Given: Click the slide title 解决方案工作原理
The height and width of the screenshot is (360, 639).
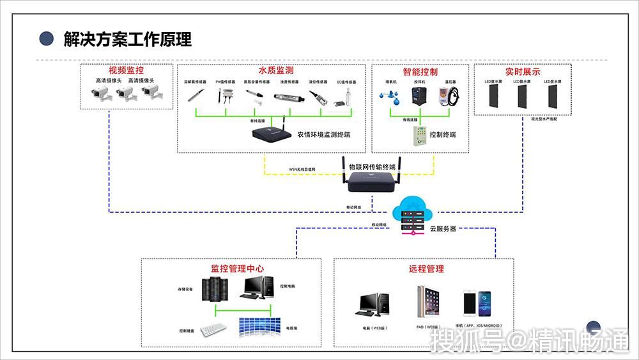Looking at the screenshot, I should (127, 39).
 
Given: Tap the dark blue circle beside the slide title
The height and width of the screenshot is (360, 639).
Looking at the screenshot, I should (46, 38).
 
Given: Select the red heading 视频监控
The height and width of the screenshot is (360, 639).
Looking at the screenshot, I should (126, 70).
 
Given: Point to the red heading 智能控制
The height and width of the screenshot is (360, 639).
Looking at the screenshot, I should (420, 72).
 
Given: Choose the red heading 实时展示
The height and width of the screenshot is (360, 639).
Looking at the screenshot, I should (522, 72).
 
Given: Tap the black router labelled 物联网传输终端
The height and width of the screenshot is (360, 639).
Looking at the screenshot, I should (371, 180).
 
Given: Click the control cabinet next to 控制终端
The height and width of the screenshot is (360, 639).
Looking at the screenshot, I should (419, 134).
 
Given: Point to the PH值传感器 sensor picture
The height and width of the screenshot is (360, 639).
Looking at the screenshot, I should (225, 96).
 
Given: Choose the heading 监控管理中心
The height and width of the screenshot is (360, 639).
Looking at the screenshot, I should (237, 269).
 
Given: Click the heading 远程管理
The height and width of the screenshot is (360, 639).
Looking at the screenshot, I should (426, 269).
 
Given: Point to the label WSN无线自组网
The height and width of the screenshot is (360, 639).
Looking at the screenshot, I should (302, 169).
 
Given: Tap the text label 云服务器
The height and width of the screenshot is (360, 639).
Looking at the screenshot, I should (443, 228).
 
